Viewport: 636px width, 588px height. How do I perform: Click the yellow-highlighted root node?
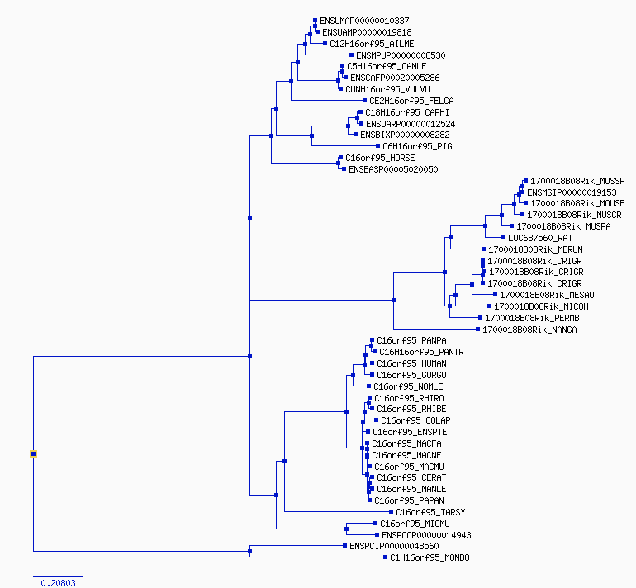(x=33, y=453)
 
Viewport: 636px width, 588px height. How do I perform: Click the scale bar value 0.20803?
(x=58, y=583)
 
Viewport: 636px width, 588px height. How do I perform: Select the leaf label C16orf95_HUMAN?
(x=411, y=363)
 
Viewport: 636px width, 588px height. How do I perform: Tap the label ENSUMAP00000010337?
(x=364, y=21)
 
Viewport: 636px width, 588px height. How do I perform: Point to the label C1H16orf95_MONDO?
(x=430, y=557)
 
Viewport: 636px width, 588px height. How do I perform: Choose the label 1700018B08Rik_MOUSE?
(x=577, y=203)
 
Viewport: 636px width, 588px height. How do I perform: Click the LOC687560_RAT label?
(x=540, y=238)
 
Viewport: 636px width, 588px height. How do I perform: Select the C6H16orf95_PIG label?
(x=417, y=146)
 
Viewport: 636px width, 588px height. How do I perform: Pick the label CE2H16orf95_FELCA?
(x=411, y=101)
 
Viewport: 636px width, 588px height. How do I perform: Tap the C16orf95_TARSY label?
(x=430, y=512)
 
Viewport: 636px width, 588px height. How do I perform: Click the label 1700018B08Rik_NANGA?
(x=529, y=330)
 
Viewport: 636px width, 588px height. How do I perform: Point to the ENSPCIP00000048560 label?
(x=394, y=546)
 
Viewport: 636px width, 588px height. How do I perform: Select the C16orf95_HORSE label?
(x=380, y=158)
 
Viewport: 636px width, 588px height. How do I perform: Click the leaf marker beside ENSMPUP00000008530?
(x=351, y=55)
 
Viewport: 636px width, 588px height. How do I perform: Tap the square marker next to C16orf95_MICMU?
(x=375, y=524)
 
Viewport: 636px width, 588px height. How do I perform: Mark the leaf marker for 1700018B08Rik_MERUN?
(x=483, y=249)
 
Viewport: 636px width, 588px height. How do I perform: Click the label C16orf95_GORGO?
(x=411, y=375)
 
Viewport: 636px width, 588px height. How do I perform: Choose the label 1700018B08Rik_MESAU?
(x=547, y=295)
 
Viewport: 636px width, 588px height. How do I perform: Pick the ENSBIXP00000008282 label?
(x=405, y=135)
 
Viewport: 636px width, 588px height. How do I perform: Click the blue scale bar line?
(x=58, y=576)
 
